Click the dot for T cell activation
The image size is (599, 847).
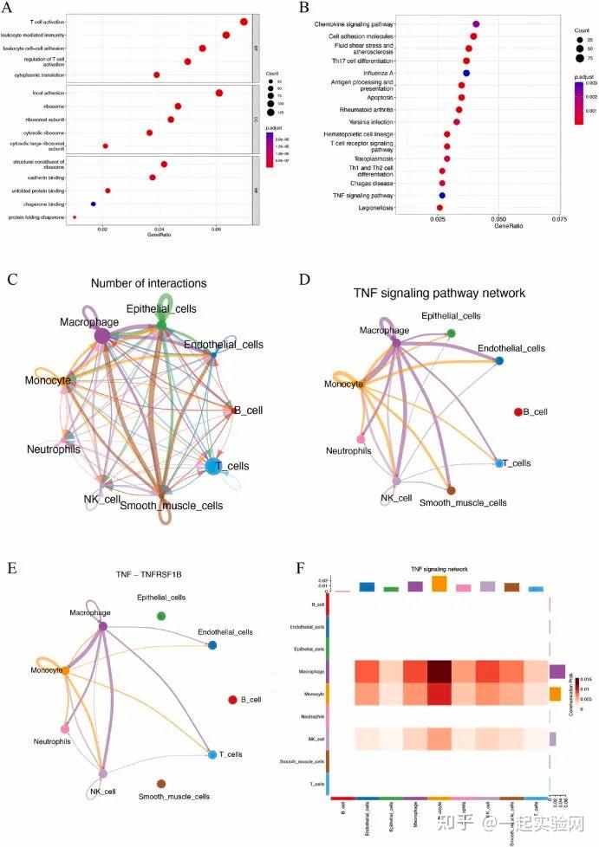click(x=244, y=22)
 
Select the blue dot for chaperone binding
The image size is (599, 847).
click(x=93, y=204)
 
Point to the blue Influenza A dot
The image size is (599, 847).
click(x=466, y=73)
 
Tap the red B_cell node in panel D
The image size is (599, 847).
click(x=518, y=413)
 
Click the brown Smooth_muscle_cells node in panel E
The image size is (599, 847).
click(x=160, y=783)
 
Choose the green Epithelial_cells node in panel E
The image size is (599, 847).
click(x=160, y=615)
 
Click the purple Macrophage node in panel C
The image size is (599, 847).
click(x=101, y=335)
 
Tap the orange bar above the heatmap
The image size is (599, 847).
click(x=439, y=585)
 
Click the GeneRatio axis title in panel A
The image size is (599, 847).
click(x=159, y=235)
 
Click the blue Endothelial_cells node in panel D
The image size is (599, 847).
click(x=499, y=359)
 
